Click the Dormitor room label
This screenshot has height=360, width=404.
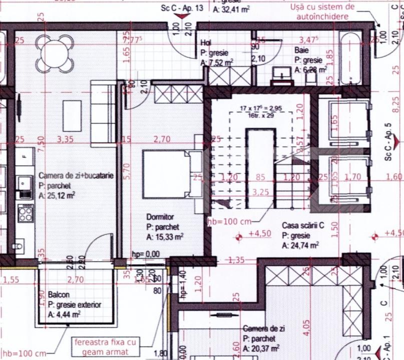point(160,217)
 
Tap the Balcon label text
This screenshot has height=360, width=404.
point(59,295)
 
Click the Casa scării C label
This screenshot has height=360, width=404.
point(303,226)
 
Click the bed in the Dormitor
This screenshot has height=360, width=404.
point(166,174)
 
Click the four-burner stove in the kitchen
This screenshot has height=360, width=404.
point(25,215)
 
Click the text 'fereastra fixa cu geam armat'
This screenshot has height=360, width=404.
point(106,346)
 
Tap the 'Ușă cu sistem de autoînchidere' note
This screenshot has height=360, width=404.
point(322,11)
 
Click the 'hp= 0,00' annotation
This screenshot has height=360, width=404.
point(145,254)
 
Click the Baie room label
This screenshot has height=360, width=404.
point(302,50)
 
